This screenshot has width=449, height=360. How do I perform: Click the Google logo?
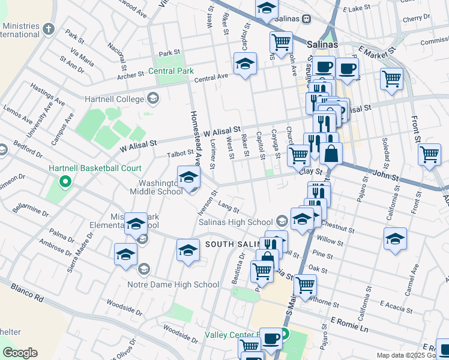click(x=19, y=353)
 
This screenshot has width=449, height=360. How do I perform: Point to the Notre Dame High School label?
click(x=173, y=284)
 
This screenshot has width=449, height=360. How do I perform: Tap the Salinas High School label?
click(x=236, y=222)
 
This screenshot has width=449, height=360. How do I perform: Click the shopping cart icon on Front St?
click(x=429, y=155)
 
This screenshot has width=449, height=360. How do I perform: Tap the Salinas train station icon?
click(x=306, y=19)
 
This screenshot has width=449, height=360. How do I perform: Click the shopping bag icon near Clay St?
click(x=331, y=153)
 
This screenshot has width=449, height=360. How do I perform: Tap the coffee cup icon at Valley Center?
click(x=271, y=338)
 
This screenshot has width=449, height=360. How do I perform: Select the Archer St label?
click(x=131, y=75)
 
